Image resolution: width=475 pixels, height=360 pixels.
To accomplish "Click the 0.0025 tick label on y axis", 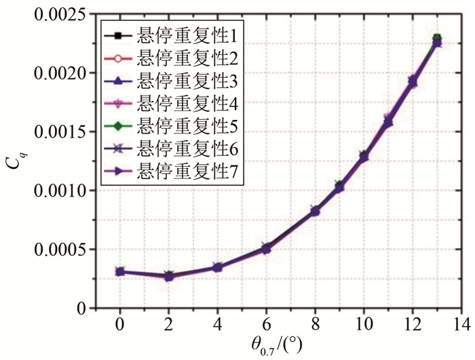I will (x=57, y=14).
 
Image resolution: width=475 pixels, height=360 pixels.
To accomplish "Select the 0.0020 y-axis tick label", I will (x=57, y=73).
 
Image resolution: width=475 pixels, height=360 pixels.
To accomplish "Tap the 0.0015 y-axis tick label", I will (x=57, y=132).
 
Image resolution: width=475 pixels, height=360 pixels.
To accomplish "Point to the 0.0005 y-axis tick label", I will (x=57, y=249).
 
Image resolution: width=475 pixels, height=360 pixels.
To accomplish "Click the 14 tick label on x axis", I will (x=463, y=322).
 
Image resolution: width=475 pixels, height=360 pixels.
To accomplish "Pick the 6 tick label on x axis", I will (x=267, y=322).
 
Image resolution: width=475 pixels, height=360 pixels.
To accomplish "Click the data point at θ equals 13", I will (x=437, y=40).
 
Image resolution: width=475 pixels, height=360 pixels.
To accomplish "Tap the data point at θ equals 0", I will (x=120, y=272).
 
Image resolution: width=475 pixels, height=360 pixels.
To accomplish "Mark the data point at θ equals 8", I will (x=316, y=212).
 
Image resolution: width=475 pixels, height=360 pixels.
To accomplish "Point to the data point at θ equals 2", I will (x=169, y=277).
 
